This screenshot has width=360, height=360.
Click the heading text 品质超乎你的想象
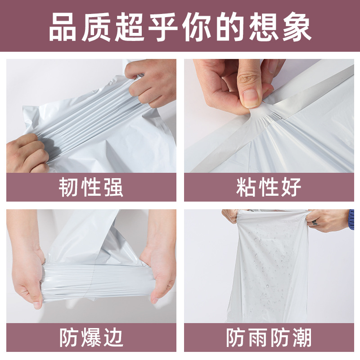click(180, 27)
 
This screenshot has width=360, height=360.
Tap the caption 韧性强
click(91, 187)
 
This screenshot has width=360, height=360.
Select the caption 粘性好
click(269, 187)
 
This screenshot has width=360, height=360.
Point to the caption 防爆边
click(91, 337)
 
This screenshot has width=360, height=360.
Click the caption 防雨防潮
click(269, 337)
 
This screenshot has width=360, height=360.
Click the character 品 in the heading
click(63, 27)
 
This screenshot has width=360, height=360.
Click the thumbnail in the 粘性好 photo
click(250, 98)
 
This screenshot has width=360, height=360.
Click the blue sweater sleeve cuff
click(351, 219)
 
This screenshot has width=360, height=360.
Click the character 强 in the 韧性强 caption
click(113, 187)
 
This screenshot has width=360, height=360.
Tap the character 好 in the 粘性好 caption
click(291, 187)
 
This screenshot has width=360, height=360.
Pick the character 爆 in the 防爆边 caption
click(91, 337)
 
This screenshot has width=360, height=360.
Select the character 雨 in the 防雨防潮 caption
click(257, 337)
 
